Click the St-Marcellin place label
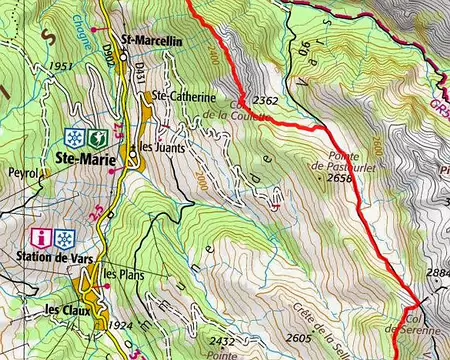pos(151,41)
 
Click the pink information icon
pos(43,238)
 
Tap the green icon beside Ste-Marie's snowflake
pos(95,136)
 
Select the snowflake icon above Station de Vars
pos(65,238)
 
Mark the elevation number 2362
pos(265,100)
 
